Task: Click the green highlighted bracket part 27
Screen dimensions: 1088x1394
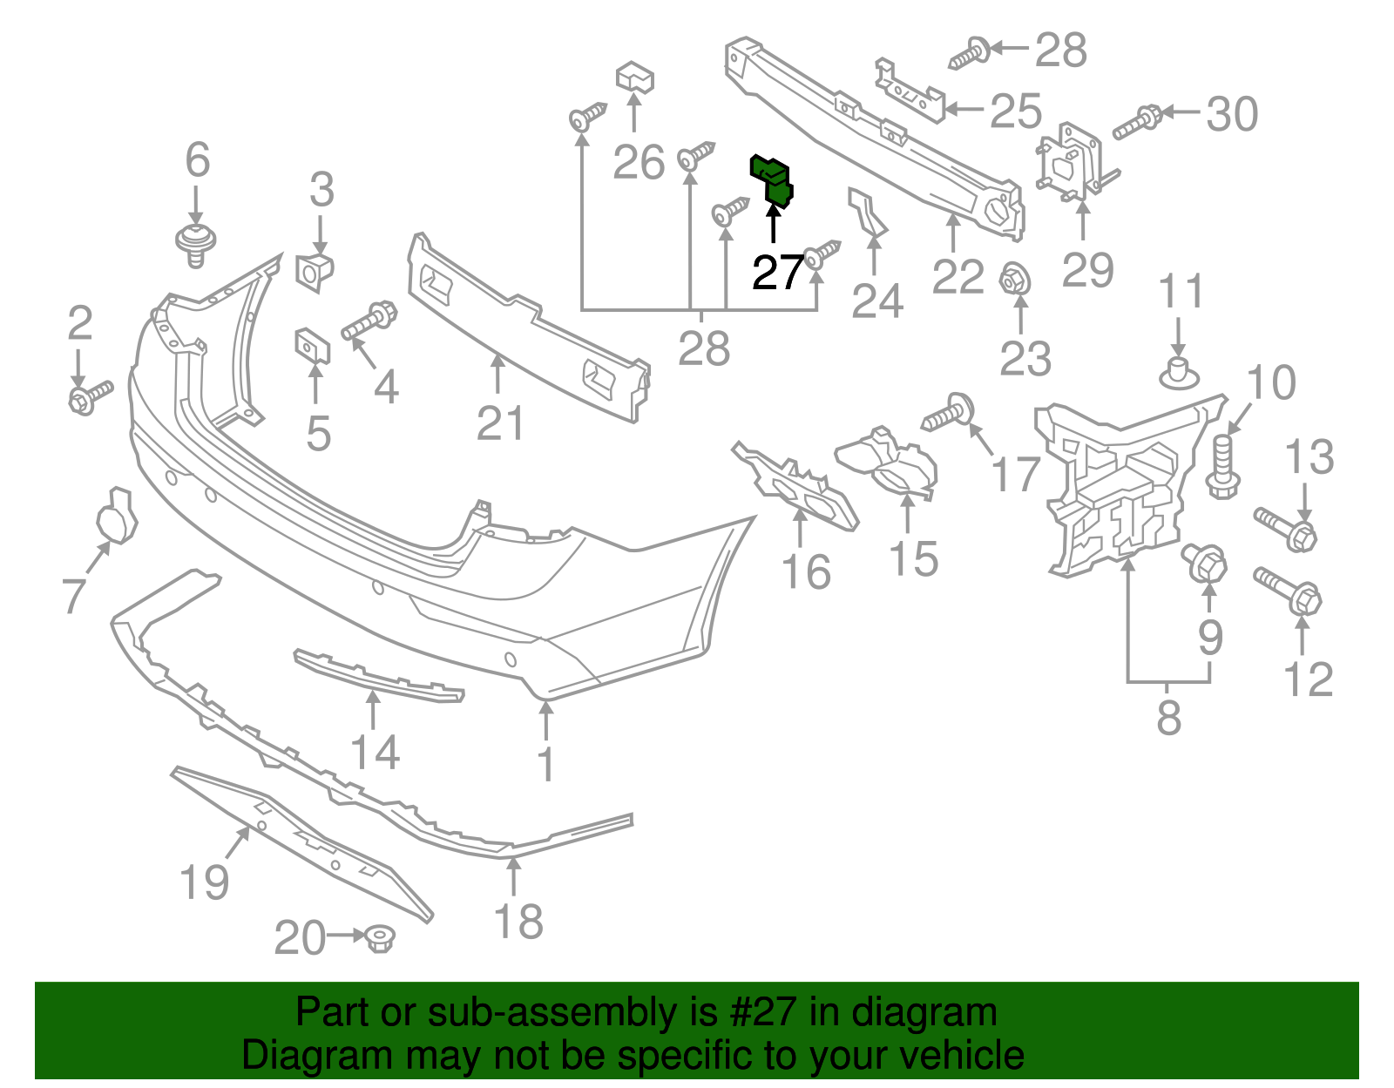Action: point(772,181)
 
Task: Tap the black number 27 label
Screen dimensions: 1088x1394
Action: point(778,274)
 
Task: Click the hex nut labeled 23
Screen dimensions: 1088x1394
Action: point(1016,280)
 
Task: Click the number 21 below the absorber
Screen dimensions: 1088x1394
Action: point(501,424)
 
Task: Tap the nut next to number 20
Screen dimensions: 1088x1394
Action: point(380,938)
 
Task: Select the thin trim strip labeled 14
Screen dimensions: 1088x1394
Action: point(378,675)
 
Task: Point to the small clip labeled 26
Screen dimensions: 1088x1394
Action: point(635,77)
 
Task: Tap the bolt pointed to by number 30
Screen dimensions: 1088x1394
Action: point(1137,123)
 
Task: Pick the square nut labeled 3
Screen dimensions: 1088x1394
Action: point(315,271)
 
